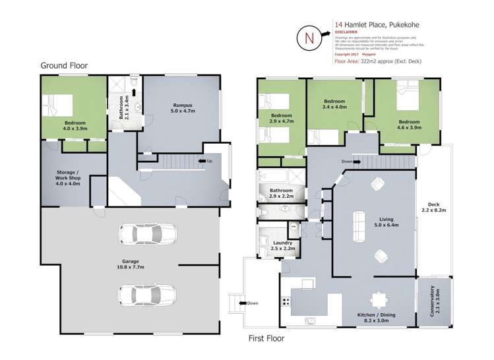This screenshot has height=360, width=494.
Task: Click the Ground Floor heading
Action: tap(64, 65)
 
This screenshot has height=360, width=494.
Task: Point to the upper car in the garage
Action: tap(147, 233)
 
